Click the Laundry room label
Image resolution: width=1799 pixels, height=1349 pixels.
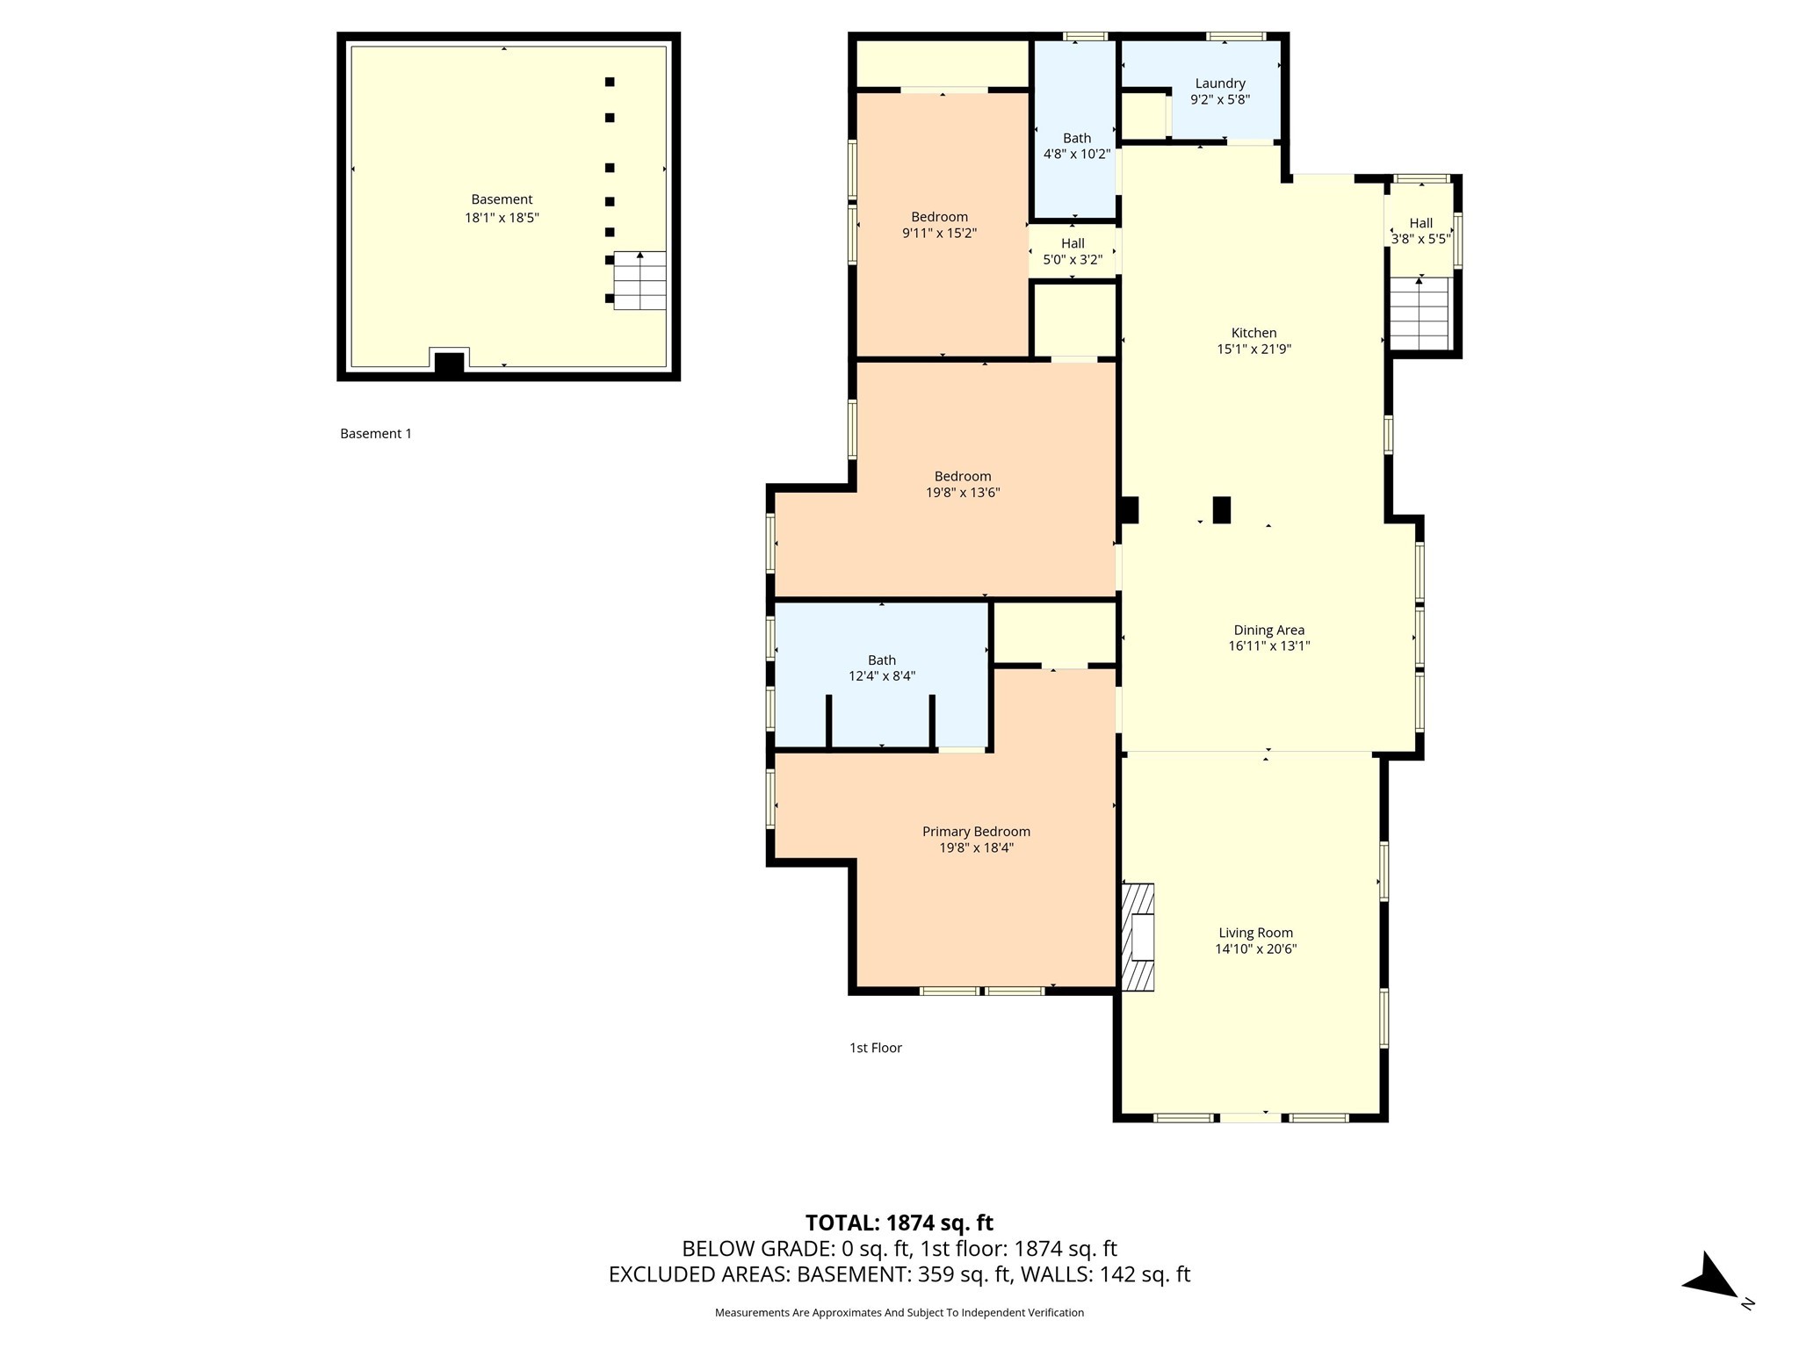tap(1220, 83)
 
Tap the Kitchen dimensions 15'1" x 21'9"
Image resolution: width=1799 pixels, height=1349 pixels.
tap(1254, 350)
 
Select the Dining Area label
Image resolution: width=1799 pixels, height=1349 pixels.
tap(1269, 630)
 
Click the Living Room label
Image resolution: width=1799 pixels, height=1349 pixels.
tap(1256, 933)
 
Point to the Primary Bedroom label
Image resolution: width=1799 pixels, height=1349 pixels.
tap(976, 832)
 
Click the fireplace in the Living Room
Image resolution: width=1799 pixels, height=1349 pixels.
tap(1138, 937)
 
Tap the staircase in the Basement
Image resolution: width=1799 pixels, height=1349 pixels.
tap(639, 280)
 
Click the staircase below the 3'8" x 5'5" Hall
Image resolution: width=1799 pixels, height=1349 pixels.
tap(1419, 314)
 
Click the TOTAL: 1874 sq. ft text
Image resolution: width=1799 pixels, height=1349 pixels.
tap(899, 1223)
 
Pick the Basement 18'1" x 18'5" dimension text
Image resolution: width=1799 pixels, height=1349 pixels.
tap(502, 218)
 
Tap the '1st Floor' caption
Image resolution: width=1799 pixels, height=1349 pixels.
tap(876, 1048)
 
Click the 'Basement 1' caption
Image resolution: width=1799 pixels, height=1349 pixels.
tap(376, 434)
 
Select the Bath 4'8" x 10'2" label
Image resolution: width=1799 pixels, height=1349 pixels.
tap(1077, 146)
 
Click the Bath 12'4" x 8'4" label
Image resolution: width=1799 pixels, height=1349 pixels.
tap(882, 668)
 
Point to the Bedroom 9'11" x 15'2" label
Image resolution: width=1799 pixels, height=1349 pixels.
tap(940, 225)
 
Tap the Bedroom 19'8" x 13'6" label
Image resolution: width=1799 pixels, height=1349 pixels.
tap(963, 485)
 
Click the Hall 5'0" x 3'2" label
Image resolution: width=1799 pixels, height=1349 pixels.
tap(1073, 251)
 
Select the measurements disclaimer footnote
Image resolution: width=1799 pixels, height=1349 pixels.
tap(899, 1312)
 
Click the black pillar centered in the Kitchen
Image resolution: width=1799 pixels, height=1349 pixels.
tap(1222, 510)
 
